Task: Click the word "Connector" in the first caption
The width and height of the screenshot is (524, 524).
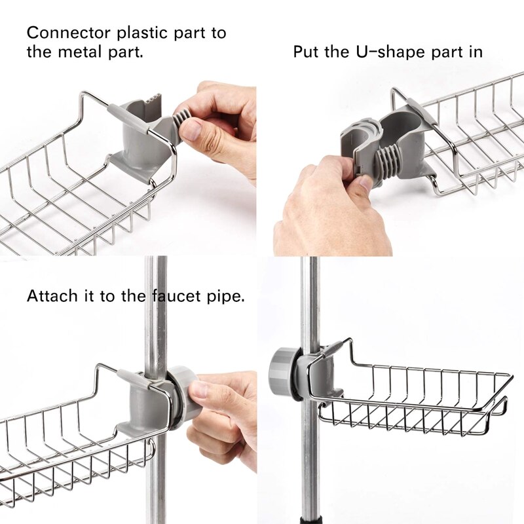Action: click(x=69, y=33)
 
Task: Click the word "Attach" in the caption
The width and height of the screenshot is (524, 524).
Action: click(x=52, y=296)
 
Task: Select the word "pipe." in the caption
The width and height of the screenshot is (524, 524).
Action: click(x=225, y=297)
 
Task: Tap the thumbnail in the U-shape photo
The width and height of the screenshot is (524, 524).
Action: click(x=363, y=183)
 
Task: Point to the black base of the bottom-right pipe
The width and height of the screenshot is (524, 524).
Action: click(x=312, y=519)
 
